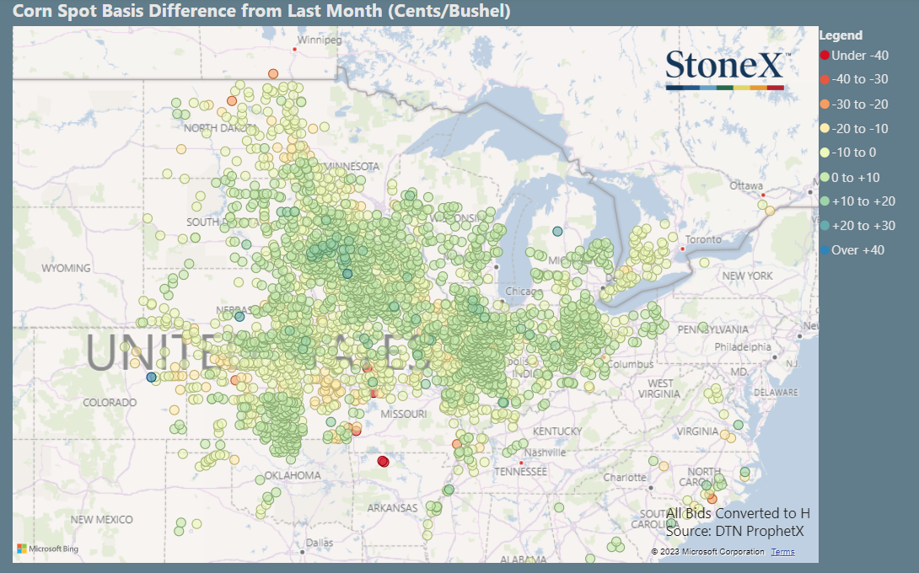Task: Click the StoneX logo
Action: [727, 68]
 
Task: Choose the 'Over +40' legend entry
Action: [857, 250]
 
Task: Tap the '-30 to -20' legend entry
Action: [860, 104]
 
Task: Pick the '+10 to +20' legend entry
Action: [863, 201]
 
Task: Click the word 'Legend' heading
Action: [841, 35]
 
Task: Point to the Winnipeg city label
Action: [320, 40]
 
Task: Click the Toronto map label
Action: [704, 239]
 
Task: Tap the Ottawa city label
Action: [746, 185]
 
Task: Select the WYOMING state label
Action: [66, 268]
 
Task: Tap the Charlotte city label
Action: [624, 477]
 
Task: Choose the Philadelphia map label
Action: [743, 346]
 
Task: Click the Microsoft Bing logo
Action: [48, 549]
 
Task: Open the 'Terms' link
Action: [782, 552]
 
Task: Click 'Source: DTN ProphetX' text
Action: [734, 531]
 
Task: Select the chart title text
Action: [261, 12]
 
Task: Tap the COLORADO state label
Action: [110, 403]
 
